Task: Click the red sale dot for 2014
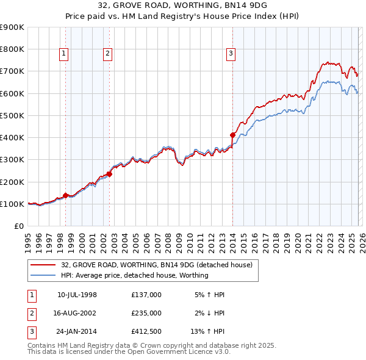click(x=232, y=135)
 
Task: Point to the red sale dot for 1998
click(x=65, y=195)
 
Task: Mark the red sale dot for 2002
click(x=109, y=174)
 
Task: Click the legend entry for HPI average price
click(x=134, y=275)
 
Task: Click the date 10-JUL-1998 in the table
click(x=77, y=295)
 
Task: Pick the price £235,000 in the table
click(x=146, y=312)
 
